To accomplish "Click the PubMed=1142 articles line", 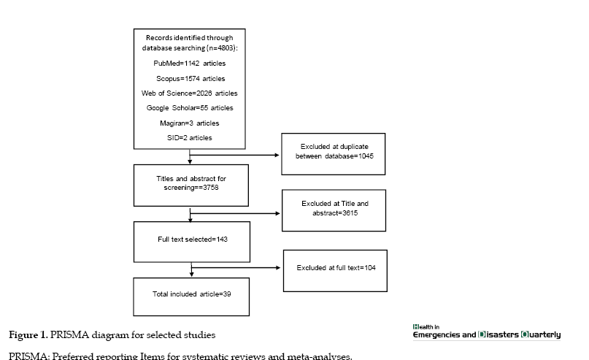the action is coord(189,64).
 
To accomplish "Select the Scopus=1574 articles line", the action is coord(190,79).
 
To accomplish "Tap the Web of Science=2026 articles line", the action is coord(189,93).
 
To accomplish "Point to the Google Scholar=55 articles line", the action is coord(190,108).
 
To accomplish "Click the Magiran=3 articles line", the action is coord(189,123).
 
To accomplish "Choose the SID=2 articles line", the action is coord(189,138).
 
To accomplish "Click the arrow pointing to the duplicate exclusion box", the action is coord(234,155).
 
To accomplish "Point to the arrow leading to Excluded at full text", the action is coord(236,267).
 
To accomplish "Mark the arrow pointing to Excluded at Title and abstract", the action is coord(235,213).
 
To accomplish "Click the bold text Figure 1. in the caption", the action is coord(28,335).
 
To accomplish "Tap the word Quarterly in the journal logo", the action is coord(541,334).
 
